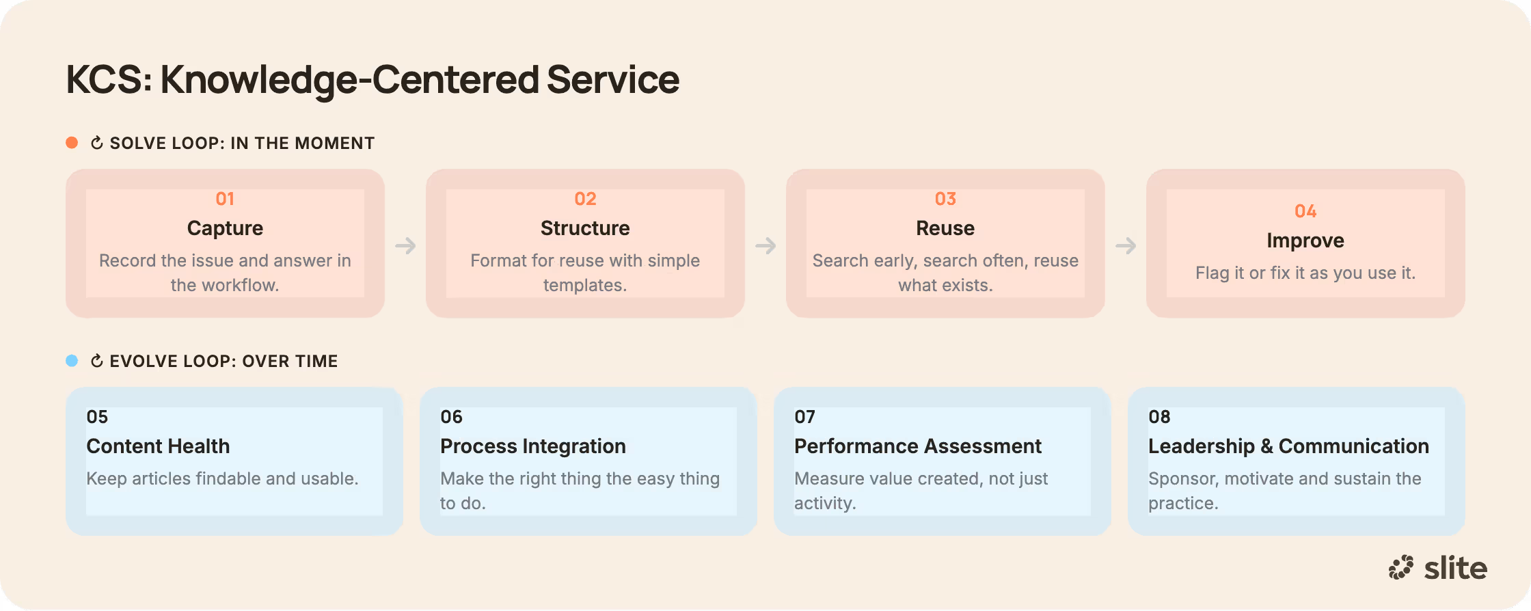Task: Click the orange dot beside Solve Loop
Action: tap(72, 142)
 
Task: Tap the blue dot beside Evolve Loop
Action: tap(72, 360)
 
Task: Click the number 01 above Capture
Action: tap(225, 199)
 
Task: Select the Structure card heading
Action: tap(585, 228)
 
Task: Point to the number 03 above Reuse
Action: tap(945, 199)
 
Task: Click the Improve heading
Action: tap(1305, 241)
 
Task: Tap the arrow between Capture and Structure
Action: tap(405, 245)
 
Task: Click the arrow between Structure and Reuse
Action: tap(765, 245)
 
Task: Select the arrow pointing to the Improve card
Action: tap(1126, 245)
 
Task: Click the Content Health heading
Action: tap(158, 446)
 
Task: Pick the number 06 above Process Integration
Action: tap(451, 417)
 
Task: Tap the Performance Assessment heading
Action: tap(918, 446)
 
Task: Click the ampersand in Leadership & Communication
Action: tap(1266, 446)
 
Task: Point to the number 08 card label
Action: tap(1159, 417)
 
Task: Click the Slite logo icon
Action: tap(1400, 567)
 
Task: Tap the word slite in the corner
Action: tap(1456, 568)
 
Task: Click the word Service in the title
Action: tap(613, 79)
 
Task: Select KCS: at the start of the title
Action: tap(109, 79)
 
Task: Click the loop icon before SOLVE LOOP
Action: tap(97, 143)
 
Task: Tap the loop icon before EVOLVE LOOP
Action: tap(97, 361)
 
